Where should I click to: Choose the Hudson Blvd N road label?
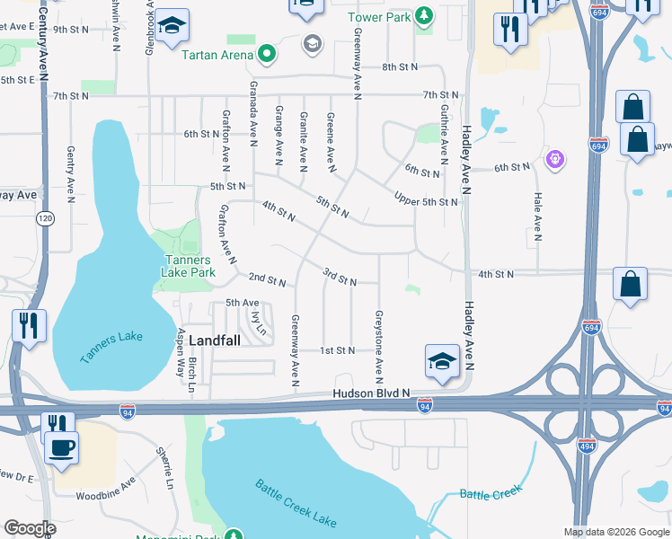tap(370, 393)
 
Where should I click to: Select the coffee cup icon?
tap(61, 447)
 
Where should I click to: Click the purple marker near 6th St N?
tap(556, 160)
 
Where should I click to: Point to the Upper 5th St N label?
tap(427, 201)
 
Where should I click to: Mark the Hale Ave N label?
tap(537, 216)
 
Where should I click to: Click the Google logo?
tap(30, 528)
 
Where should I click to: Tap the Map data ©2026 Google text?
tap(616, 532)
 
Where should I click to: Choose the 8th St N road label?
tap(401, 67)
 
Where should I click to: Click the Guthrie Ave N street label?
tap(444, 135)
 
